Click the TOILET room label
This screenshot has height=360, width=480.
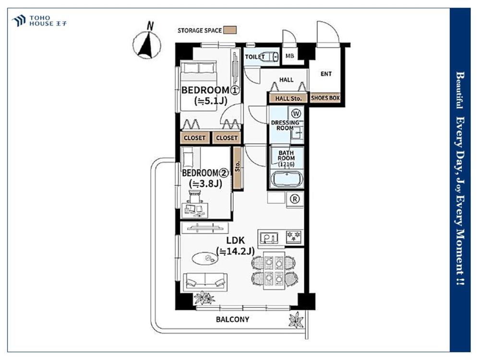click(x=255, y=57)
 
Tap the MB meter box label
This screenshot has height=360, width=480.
click(x=289, y=56)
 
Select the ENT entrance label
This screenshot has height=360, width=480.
click(x=326, y=74)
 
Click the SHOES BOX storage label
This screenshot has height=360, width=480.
click(x=325, y=98)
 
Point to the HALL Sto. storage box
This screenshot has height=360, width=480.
click(x=288, y=98)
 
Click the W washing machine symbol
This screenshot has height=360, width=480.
click(x=296, y=114)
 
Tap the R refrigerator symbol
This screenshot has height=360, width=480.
click(x=295, y=199)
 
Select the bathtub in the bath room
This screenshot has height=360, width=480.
click(x=287, y=179)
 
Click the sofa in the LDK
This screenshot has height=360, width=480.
click(x=205, y=282)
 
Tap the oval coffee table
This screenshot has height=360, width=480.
click(x=205, y=258)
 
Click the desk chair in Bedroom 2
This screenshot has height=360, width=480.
click(x=195, y=196)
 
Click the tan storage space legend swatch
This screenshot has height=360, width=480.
click(x=229, y=30)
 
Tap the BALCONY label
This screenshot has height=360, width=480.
click(x=232, y=319)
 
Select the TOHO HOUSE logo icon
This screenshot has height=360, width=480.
click(x=19, y=21)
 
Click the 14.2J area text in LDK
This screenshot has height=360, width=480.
click(x=235, y=252)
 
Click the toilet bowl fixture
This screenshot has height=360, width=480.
click(x=271, y=57)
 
